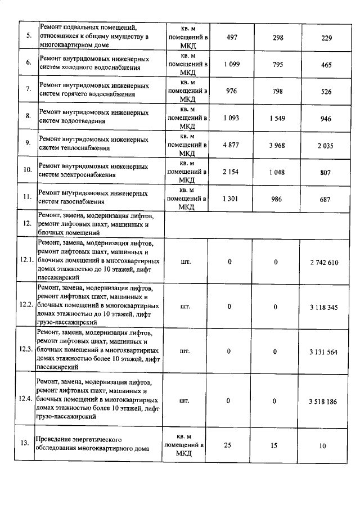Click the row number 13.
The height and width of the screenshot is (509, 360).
tap(25, 443)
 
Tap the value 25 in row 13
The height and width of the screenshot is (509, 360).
tap(228, 445)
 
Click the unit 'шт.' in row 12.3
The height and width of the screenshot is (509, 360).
tap(184, 352)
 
